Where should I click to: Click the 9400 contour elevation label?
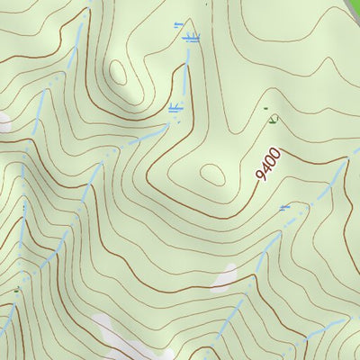268,164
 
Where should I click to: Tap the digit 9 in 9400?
261,175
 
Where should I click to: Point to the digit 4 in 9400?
265,168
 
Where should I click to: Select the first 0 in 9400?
271,160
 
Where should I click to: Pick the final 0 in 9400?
275,152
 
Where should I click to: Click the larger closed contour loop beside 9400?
214,174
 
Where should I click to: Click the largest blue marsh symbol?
190,38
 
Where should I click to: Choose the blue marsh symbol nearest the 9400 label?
285,207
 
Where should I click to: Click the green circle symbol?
274,118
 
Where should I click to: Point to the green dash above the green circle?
266,108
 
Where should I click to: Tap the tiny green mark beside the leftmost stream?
16,290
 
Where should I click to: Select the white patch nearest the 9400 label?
225,277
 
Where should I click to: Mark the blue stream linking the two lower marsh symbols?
182,74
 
